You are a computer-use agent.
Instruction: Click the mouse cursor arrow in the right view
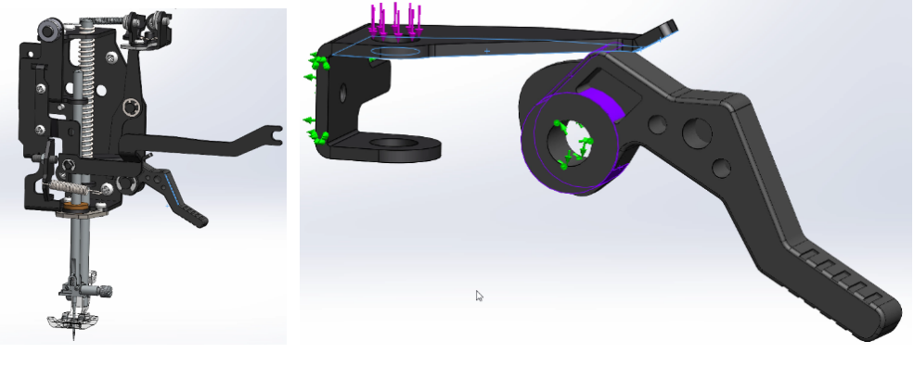479,296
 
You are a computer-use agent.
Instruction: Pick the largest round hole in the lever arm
697,133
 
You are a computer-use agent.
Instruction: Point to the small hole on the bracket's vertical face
343,92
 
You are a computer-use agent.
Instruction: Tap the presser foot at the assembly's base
71,321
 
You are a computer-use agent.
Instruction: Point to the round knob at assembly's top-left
45,32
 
